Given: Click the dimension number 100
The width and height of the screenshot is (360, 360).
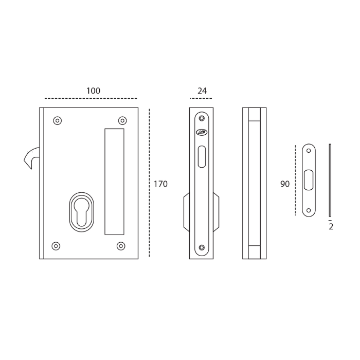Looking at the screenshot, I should click(93, 91).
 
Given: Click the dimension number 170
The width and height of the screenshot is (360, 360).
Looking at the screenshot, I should click(160, 184).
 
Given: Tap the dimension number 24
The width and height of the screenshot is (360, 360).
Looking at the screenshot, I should click(202, 91).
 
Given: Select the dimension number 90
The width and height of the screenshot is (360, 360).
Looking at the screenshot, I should click(285, 184).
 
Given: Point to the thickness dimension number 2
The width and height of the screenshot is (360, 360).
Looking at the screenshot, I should click(331, 227).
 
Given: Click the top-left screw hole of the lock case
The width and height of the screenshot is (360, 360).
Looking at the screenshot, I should click(58, 121).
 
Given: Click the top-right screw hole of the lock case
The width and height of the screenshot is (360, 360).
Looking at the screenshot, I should click(122, 121).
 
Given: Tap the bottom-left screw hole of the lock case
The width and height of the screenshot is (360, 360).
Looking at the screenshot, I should click(57, 246).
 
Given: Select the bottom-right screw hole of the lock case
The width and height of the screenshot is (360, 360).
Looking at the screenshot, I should click(121, 246).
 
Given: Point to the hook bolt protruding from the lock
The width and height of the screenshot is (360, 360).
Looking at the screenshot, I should click(32, 157).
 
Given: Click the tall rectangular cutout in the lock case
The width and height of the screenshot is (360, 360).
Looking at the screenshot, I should click(114, 182).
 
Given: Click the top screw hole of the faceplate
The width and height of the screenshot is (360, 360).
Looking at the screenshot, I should click(201, 119).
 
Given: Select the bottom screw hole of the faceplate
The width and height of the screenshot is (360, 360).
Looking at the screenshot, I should click(201, 248).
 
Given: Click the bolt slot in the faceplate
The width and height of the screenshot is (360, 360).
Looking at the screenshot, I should click(201, 156).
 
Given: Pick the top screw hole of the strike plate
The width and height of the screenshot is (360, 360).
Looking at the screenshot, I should click(309, 151).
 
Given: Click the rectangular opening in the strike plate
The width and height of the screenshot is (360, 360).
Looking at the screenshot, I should click(309, 180).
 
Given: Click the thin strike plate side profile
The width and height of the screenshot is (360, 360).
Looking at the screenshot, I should click(330, 180).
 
